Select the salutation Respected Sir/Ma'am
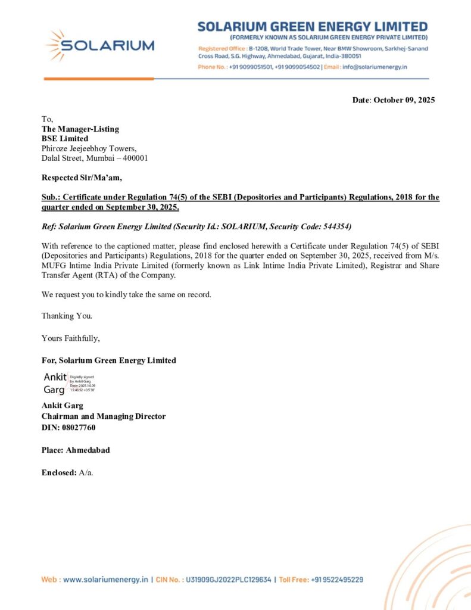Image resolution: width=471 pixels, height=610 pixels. pyautogui.click(x=82, y=178)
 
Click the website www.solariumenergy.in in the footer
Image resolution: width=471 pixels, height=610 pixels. pyautogui.click(x=105, y=579)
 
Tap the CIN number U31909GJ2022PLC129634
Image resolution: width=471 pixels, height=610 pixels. pyautogui.click(x=229, y=579)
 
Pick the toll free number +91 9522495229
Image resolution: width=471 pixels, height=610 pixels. pyautogui.click(x=337, y=579)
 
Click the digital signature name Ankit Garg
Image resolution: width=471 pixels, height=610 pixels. pyautogui.click(x=55, y=383)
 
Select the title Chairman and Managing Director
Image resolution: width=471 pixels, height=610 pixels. pyautogui.click(x=103, y=417)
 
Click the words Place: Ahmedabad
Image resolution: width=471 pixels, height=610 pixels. pyautogui.click(x=75, y=450)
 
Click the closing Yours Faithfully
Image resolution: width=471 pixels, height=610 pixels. pyautogui.click(x=70, y=338)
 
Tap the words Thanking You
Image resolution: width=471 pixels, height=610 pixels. pyautogui.click(x=67, y=316)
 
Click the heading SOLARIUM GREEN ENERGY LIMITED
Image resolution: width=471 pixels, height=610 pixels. pyautogui.click(x=312, y=27)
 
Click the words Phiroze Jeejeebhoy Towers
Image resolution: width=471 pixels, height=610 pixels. pyautogui.click(x=89, y=149)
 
